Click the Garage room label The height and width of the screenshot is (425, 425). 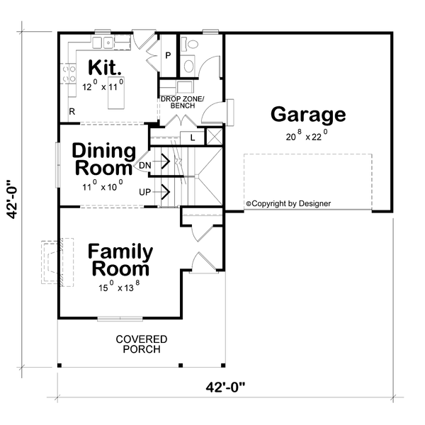click(x=307, y=115)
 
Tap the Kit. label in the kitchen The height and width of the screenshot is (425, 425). click(x=104, y=69)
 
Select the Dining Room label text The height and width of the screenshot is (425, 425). click(x=103, y=160)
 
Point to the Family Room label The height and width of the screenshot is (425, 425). click(x=119, y=261)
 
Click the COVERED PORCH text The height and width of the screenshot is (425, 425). click(x=142, y=344)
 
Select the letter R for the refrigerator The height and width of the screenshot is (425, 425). click(x=72, y=111)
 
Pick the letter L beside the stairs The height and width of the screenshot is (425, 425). click(x=191, y=137)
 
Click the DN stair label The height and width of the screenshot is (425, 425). click(x=145, y=165)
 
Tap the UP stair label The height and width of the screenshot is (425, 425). click(x=145, y=191)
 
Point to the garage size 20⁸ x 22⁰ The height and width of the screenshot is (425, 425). click(x=307, y=137)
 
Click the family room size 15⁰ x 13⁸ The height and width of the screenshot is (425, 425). click(x=119, y=288)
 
